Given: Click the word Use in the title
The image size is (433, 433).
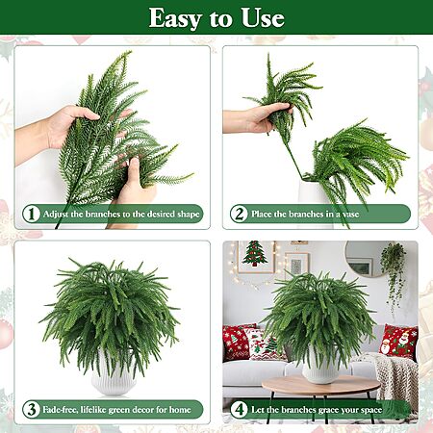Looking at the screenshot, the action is pyautogui.click(x=263, y=17).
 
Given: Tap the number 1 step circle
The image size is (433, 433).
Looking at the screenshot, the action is pyautogui.click(x=32, y=214).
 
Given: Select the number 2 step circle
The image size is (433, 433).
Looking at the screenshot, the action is pyautogui.click(x=239, y=214).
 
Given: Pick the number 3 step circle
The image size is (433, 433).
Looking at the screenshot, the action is pyautogui.click(x=32, y=409).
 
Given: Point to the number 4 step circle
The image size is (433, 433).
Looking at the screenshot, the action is pyautogui.click(x=240, y=409).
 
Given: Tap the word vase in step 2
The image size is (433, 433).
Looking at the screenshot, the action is pyautogui.click(x=350, y=215).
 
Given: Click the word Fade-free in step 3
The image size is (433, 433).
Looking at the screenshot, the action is pyautogui.click(x=60, y=410).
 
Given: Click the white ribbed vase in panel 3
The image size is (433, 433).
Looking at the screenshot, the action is pyautogui.click(x=113, y=373).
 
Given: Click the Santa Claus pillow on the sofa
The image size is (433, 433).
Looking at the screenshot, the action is pyautogui.click(x=398, y=342).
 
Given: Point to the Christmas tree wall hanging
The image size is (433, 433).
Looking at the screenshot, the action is pyautogui.click(x=255, y=253).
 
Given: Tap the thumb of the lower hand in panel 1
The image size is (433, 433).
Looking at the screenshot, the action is pyautogui.click(x=135, y=171).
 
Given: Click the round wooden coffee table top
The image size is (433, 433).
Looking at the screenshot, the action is pyautogui.click(x=321, y=385).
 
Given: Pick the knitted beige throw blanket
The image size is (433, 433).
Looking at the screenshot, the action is pyautogui.click(x=393, y=378).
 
